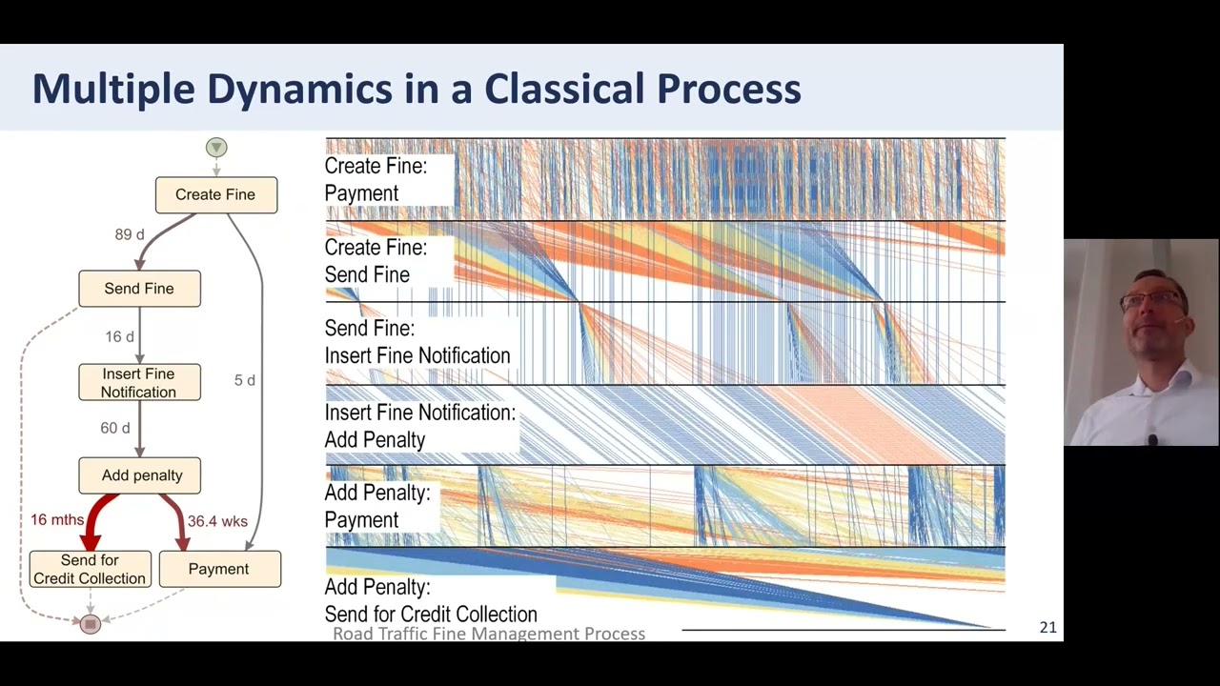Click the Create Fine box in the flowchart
[x=215, y=194]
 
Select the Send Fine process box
[x=139, y=289]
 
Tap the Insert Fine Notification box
[x=139, y=383]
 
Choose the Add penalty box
[x=140, y=475]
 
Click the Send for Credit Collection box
[x=90, y=569]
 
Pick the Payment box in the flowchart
[x=219, y=569]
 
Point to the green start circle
[x=216, y=148]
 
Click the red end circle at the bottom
[x=91, y=624]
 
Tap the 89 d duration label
[x=130, y=234]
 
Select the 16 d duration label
[x=119, y=337]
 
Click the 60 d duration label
[x=115, y=429]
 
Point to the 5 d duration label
[x=245, y=380]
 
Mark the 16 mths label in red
[x=57, y=520]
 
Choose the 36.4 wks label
[x=217, y=521]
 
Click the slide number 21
[x=1047, y=627]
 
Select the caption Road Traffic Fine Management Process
[x=489, y=634]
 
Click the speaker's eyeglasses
[x=1151, y=301]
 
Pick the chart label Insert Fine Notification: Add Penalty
[x=419, y=426]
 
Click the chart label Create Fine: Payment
[x=376, y=179]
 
